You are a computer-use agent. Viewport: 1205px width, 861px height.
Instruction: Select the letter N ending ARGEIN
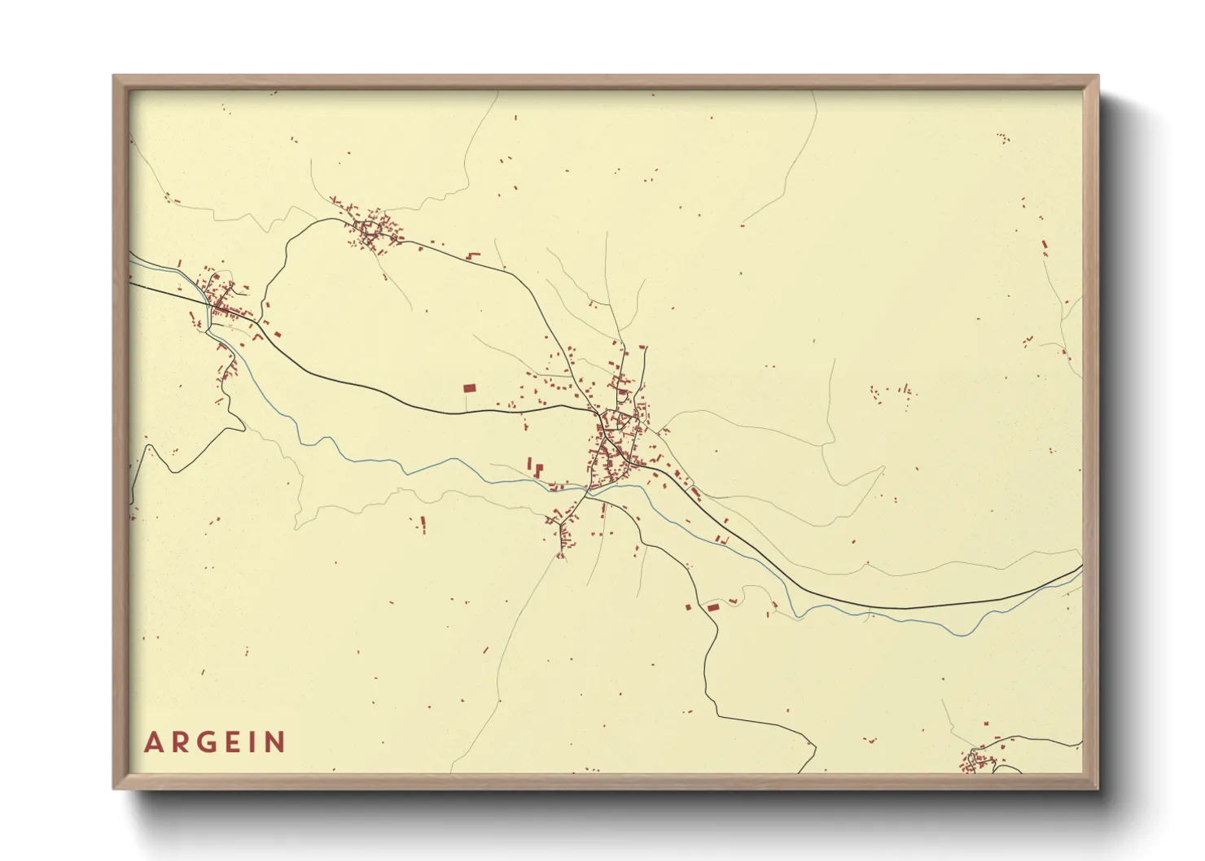coord(277,743)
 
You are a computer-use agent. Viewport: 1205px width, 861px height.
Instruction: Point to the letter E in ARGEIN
coord(233,743)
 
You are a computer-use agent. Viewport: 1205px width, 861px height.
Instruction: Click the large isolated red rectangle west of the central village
coord(469,388)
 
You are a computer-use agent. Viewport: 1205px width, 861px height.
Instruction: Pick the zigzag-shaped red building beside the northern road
coord(473,256)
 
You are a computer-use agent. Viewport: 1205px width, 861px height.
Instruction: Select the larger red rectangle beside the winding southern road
coord(713,606)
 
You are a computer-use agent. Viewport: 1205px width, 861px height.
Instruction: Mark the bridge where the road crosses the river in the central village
coord(588,490)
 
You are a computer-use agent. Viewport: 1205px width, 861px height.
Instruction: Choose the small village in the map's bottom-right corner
coord(977,762)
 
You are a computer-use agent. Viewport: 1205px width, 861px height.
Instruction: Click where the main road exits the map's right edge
coord(1081,566)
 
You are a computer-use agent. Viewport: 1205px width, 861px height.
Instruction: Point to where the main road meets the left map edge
coord(131,284)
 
